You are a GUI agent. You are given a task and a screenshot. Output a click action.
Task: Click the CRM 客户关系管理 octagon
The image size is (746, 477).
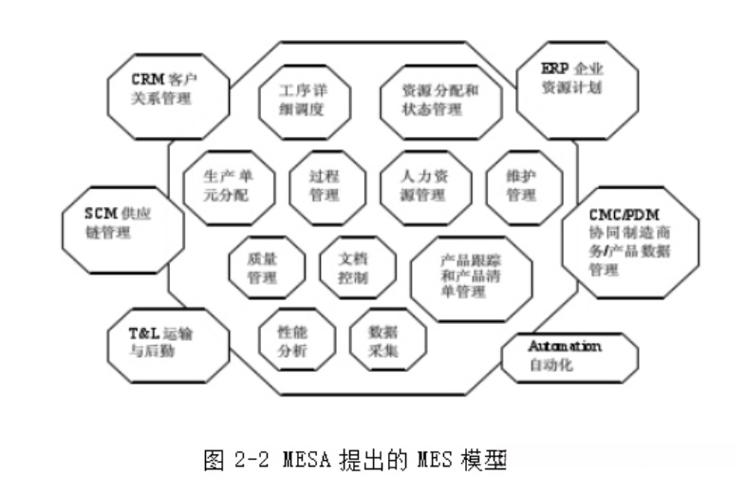(x=168, y=86)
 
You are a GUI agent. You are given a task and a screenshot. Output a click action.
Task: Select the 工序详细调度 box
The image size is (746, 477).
(x=303, y=100)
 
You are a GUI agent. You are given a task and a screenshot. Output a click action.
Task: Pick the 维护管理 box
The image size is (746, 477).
(x=522, y=185)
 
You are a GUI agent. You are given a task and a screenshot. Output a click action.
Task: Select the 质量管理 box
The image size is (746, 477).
(x=267, y=268)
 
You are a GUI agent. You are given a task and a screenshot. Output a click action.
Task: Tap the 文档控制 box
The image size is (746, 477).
(x=353, y=268)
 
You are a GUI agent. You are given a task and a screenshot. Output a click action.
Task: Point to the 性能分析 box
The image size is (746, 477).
(x=297, y=343)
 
